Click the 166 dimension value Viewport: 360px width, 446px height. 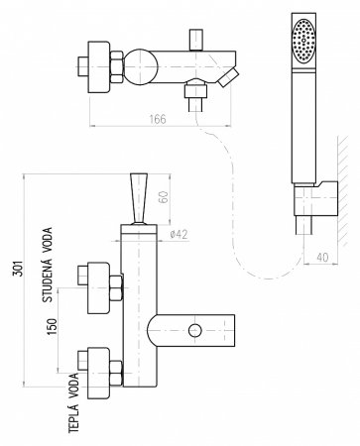tap(158, 119)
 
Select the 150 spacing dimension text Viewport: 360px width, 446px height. tap(52, 326)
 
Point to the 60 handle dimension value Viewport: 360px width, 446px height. tap(165, 197)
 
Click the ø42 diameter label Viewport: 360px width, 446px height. tap(179, 234)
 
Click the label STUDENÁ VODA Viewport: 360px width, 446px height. tap(48, 265)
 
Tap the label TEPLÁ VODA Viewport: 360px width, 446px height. tap(74, 403)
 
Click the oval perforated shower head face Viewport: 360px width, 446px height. tap(303, 41)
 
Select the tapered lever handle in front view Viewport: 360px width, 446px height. tap(139, 198)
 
